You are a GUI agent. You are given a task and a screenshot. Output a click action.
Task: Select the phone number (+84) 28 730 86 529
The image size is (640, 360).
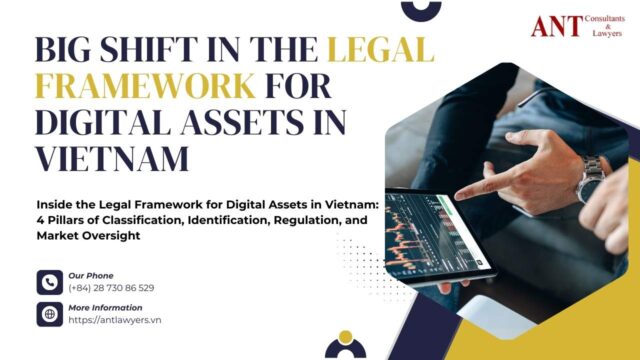coord(112,288)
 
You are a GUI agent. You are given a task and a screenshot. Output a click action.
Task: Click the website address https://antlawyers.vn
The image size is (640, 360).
coord(114,320)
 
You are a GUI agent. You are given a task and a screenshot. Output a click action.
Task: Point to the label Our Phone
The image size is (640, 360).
coord(91,275)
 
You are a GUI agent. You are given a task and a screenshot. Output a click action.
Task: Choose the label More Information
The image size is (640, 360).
coord(106,307)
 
